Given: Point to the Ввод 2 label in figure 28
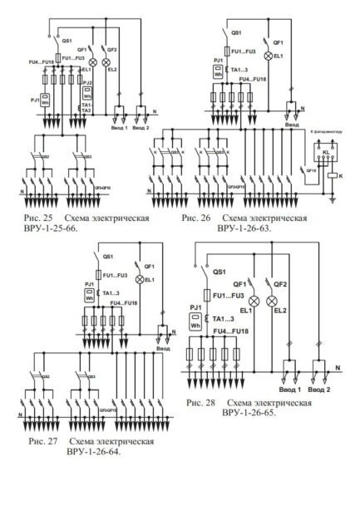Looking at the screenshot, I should (x=317, y=390).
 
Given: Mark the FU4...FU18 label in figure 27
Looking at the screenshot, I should (x=125, y=305).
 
